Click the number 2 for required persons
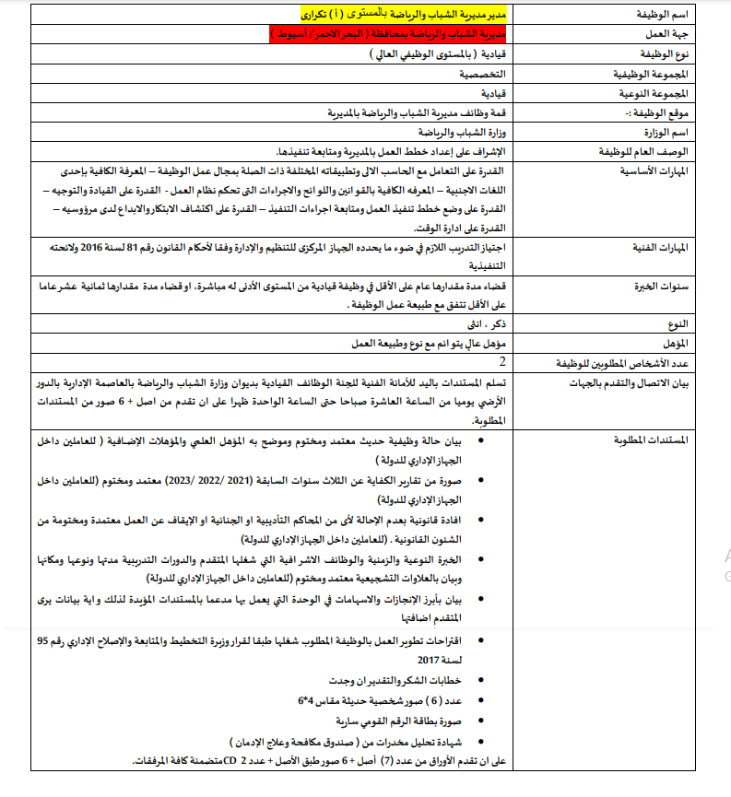coord(501,361)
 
